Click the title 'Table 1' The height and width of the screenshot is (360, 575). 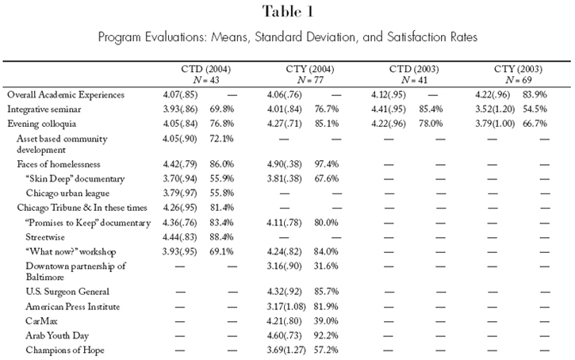(288, 12)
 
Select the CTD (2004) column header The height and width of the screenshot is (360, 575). (205, 69)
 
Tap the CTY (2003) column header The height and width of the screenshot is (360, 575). (518, 69)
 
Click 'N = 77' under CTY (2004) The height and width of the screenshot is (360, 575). (310, 80)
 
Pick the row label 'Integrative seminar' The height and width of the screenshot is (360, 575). (44, 109)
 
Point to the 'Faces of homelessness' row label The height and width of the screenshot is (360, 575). (59, 164)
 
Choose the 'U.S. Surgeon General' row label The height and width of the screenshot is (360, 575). (67, 292)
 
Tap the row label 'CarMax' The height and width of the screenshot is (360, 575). (41, 321)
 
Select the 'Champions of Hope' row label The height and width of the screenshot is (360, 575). (65, 350)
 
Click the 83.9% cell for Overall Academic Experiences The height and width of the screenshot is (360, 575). (535, 94)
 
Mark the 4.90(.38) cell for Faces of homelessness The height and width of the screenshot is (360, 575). (284, 164)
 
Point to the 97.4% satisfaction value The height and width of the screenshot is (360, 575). (327, 164)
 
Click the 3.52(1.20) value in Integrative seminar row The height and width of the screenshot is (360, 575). (495, 109)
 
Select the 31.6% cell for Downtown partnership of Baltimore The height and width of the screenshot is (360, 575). (326, 266)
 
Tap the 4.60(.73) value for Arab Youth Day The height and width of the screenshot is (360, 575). (284, 335)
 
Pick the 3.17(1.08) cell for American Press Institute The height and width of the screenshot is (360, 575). (286, 307)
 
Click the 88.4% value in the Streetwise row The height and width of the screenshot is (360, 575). (221, 237)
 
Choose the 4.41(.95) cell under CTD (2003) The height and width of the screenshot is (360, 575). (389, 109)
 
